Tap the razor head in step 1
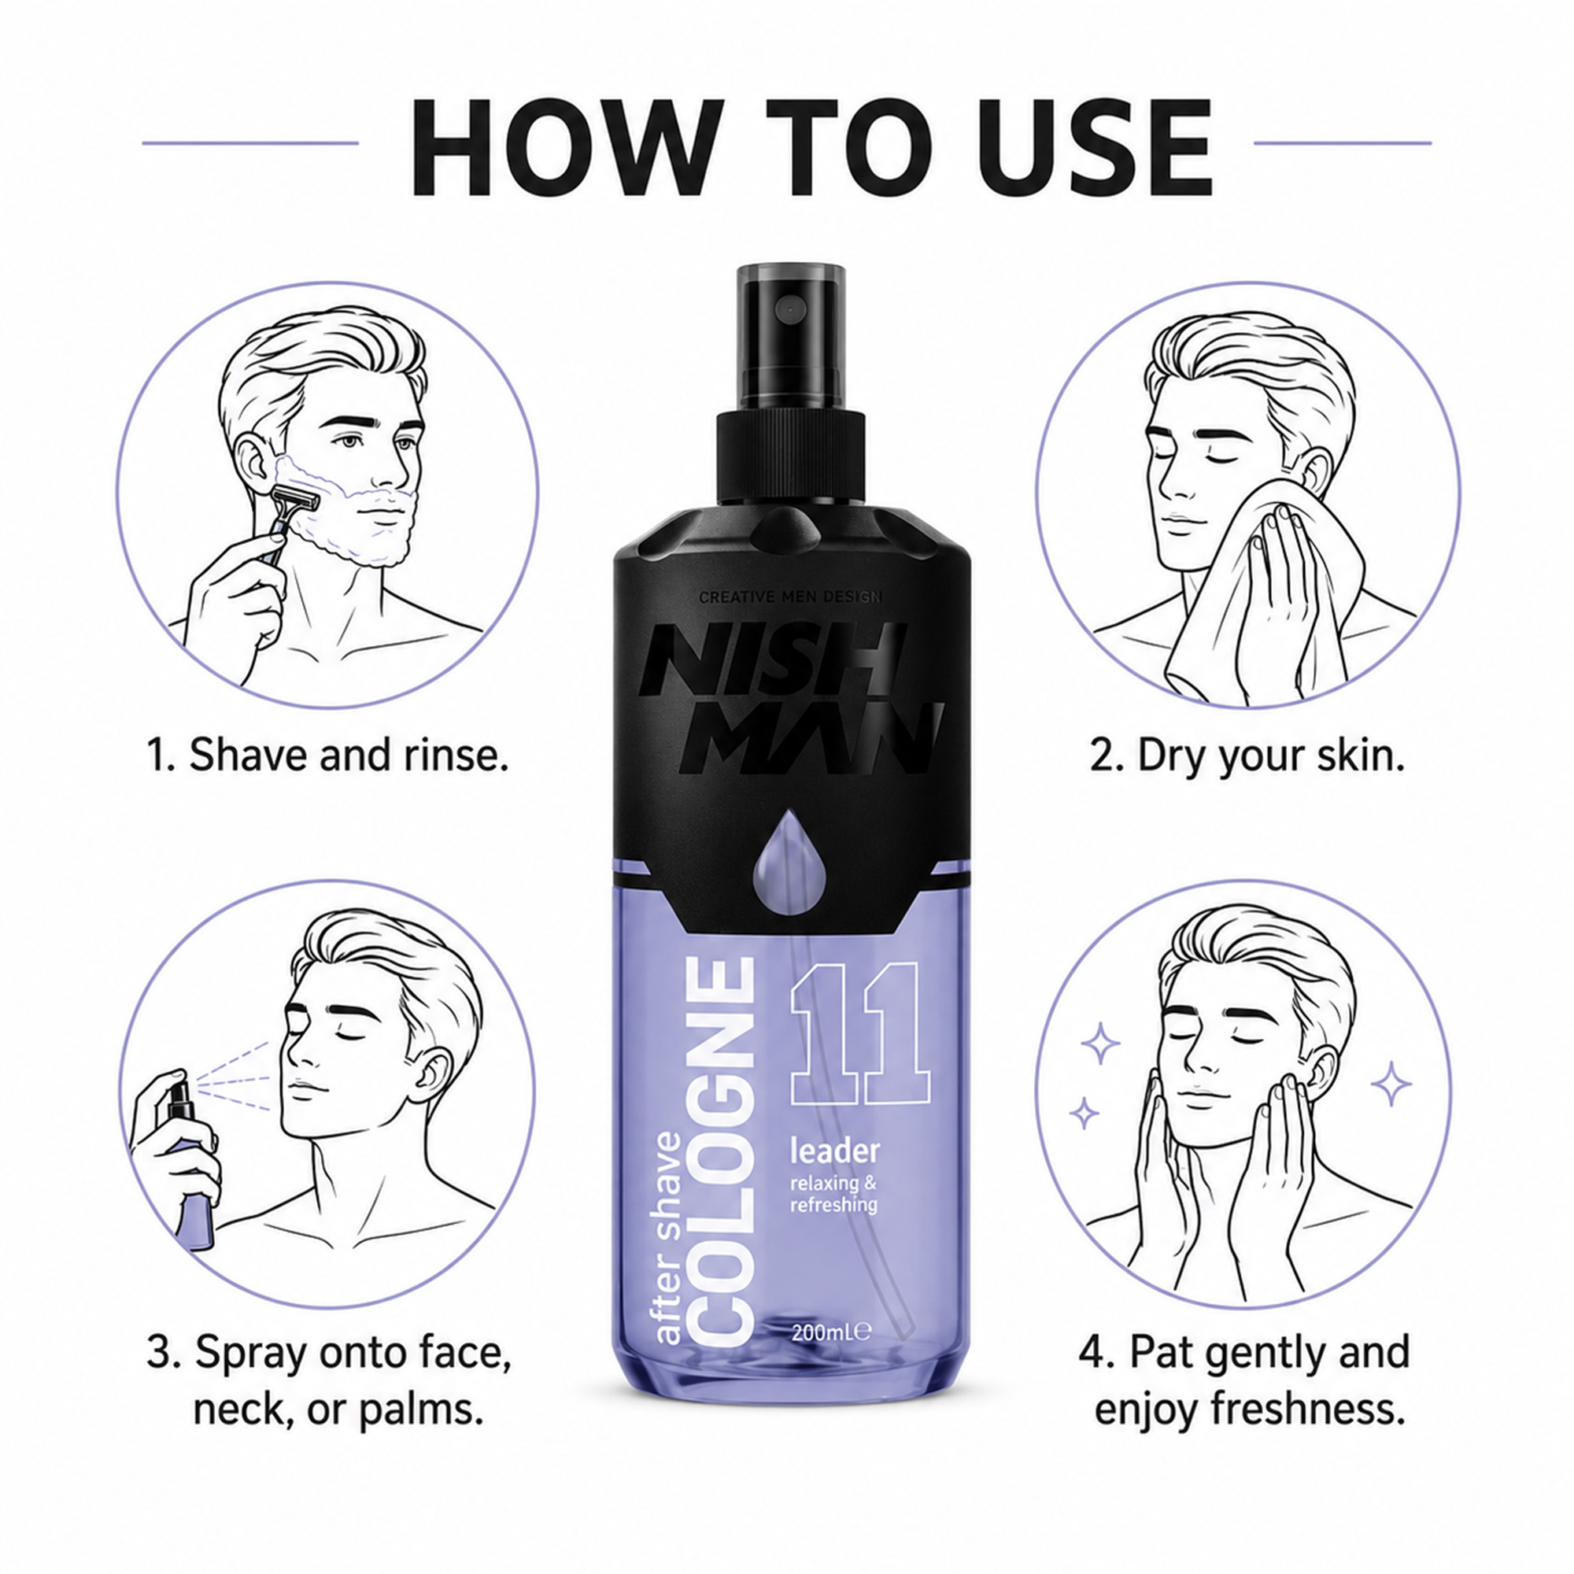295,500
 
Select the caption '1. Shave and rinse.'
327,755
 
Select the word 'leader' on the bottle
835,1151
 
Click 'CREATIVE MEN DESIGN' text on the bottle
790,597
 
